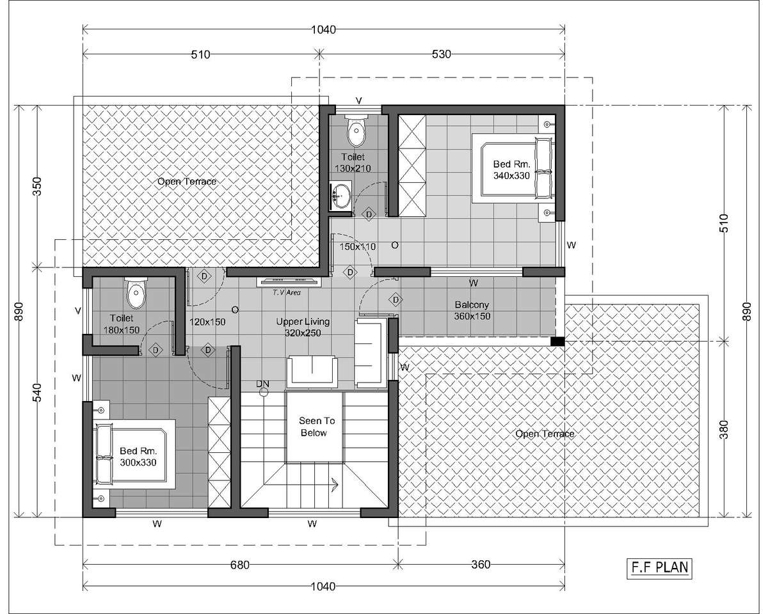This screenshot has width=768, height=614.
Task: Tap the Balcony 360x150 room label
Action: coord(472,310)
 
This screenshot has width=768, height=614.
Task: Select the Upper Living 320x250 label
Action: coord(303,327)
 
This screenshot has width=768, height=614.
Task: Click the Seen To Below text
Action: coord(316,427)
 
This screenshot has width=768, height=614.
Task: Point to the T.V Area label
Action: coord(287,292)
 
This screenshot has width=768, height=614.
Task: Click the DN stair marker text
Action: coord(262,384)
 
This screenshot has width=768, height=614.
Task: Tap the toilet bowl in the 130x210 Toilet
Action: coord(356,130)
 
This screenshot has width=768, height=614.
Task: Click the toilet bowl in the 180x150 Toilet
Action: coord(136,294)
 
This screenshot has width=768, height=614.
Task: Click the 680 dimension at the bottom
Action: coord(239,565)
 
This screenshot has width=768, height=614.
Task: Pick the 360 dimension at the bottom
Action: coord(481,565)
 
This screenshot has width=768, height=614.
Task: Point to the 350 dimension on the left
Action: coord(37,186)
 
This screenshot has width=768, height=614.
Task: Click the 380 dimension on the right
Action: coord(723,430)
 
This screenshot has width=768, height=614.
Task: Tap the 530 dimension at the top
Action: coord(442,54)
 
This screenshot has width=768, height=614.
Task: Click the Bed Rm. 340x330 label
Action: coord(511,170)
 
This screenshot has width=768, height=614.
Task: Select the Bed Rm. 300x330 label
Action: coord(138,457)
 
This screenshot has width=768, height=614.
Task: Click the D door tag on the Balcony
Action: coord(396,300)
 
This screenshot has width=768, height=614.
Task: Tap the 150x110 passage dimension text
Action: coord(358,246)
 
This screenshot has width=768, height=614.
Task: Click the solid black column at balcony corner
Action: coord(557,342)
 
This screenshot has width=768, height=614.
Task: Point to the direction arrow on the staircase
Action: coord(334,485)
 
